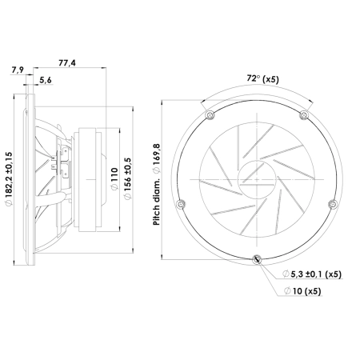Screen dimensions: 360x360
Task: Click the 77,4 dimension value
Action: click(x=67, y=63)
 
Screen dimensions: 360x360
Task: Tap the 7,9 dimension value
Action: click(x=18, y=70)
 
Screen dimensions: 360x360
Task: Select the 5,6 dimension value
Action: click(x=46, y=80)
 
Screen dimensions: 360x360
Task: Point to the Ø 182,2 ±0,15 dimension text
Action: click(x=9, y=178)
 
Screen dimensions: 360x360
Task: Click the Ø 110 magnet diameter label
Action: click(x=114, y=178)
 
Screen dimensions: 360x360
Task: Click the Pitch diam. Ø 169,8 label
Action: click(x=157, y=185)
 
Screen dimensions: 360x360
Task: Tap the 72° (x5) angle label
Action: click(x=262, y=79)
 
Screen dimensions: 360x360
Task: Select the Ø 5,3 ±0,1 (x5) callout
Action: click(x=312, y=274)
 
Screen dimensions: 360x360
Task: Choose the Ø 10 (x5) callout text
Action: click(x=302, y=291)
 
